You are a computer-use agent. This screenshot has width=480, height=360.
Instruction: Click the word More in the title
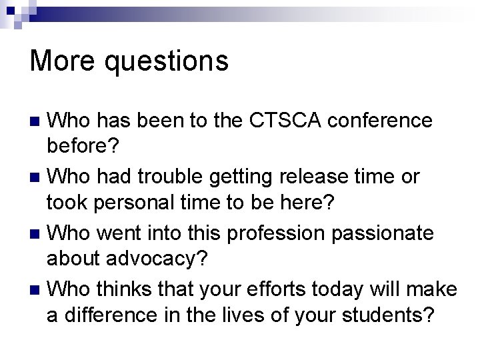click(x=59, y=61)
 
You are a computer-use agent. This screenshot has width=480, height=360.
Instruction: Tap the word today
click(x=347, y=290)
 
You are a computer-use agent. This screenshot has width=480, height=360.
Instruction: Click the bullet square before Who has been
click(x=37, y=122)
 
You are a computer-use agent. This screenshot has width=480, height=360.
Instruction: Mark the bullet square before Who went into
click(x=37, y=235)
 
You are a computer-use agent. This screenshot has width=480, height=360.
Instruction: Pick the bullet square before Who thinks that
click(x=37, y=291)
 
